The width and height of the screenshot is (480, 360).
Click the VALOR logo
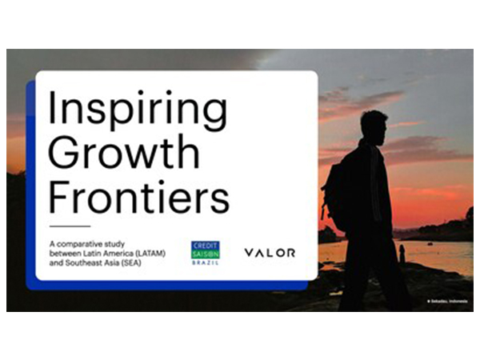[270, 253]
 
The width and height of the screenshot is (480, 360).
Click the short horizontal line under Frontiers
[70, 226]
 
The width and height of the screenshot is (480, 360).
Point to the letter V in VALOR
[249, 253]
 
